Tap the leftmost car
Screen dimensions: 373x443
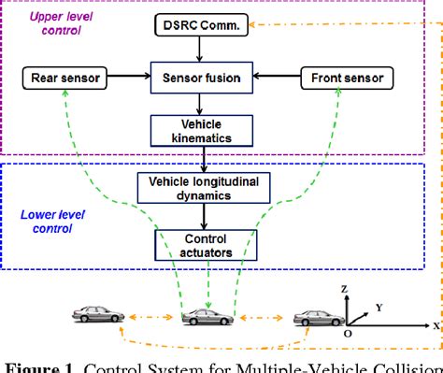[x=97, y=315]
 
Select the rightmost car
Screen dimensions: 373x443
[x=317, y=318]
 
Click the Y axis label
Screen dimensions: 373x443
[x=379, y=306]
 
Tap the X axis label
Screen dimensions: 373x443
[x=436, y=324]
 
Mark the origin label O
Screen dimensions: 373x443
[x=348, y=333]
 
